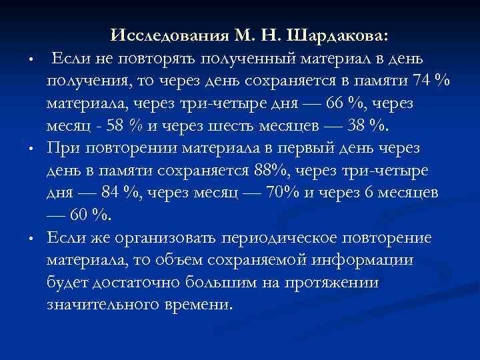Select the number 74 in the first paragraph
click(x=421, y=81)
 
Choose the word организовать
click(x=168, y=238)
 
